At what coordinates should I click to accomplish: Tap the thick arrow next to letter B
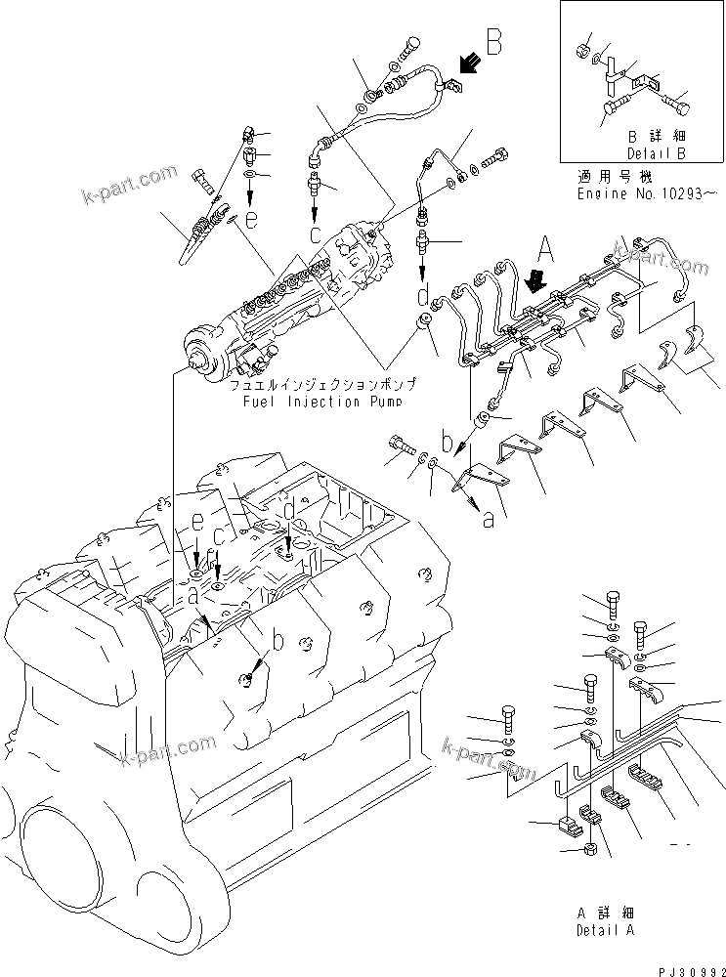(467, 64)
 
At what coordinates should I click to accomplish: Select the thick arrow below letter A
(534, 280)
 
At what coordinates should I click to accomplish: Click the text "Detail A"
(605, 930)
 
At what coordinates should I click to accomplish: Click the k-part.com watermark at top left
(133, 181)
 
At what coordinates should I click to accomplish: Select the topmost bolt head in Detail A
(614, 600)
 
